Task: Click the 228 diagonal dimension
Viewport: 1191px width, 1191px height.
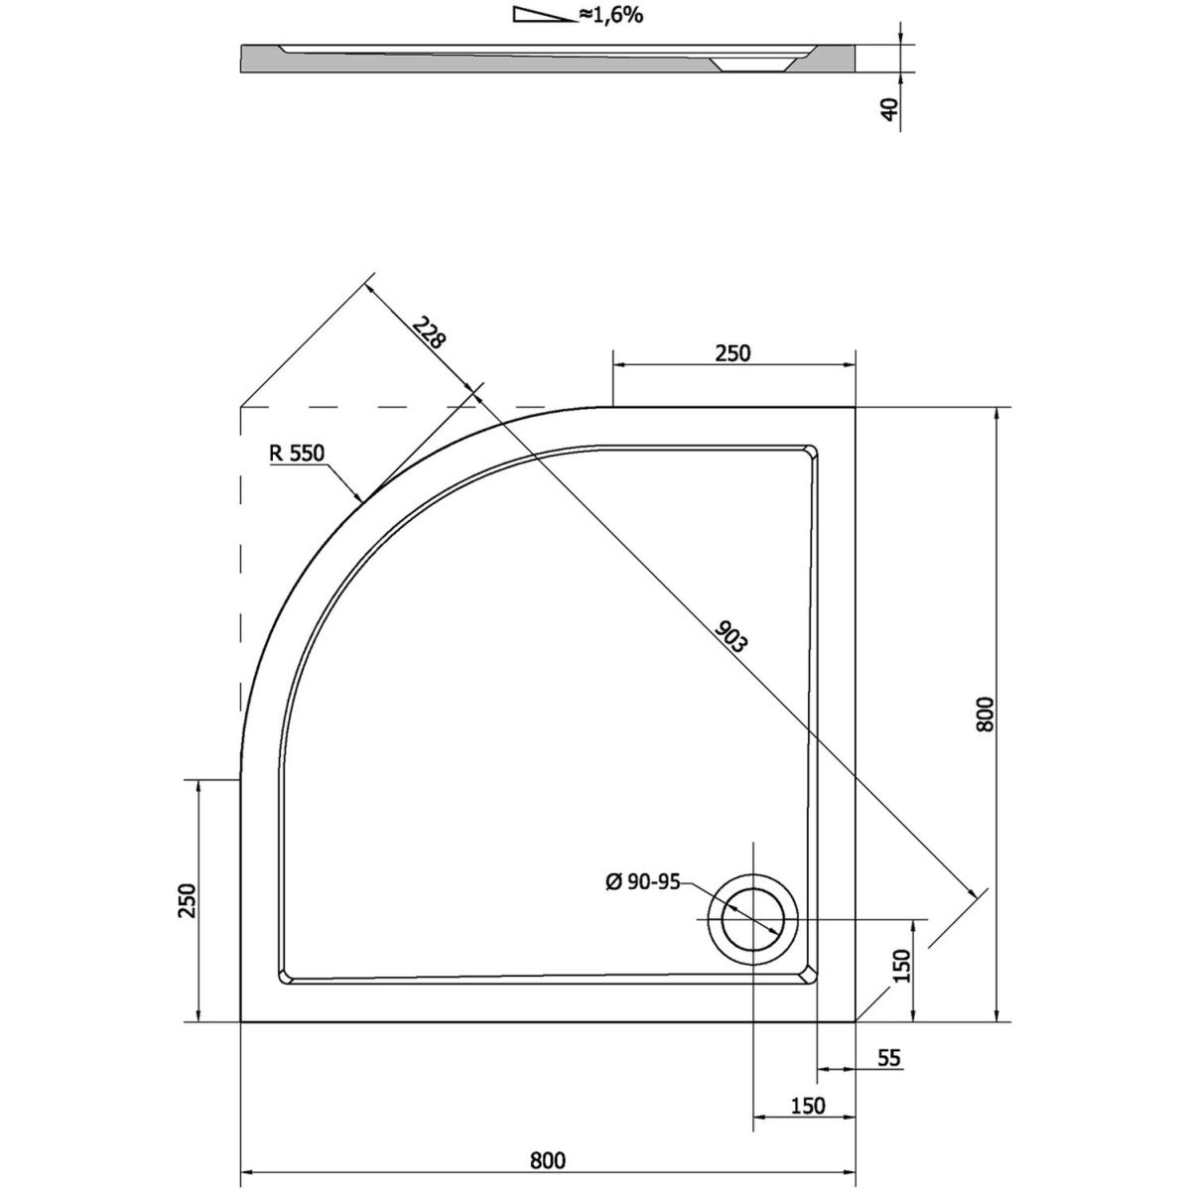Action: pos(429,334)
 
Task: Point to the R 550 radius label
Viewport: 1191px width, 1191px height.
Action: pos(295,455)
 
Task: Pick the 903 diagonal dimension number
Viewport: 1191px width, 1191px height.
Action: pos(729,636)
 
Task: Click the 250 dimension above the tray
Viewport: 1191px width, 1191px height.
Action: pos(733,352)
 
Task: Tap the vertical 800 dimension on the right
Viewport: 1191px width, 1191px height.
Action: pos(984,714)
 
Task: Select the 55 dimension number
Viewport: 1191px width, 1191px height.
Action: pos(888,1058)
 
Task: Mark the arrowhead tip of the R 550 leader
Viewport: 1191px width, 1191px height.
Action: pos(361,499)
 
